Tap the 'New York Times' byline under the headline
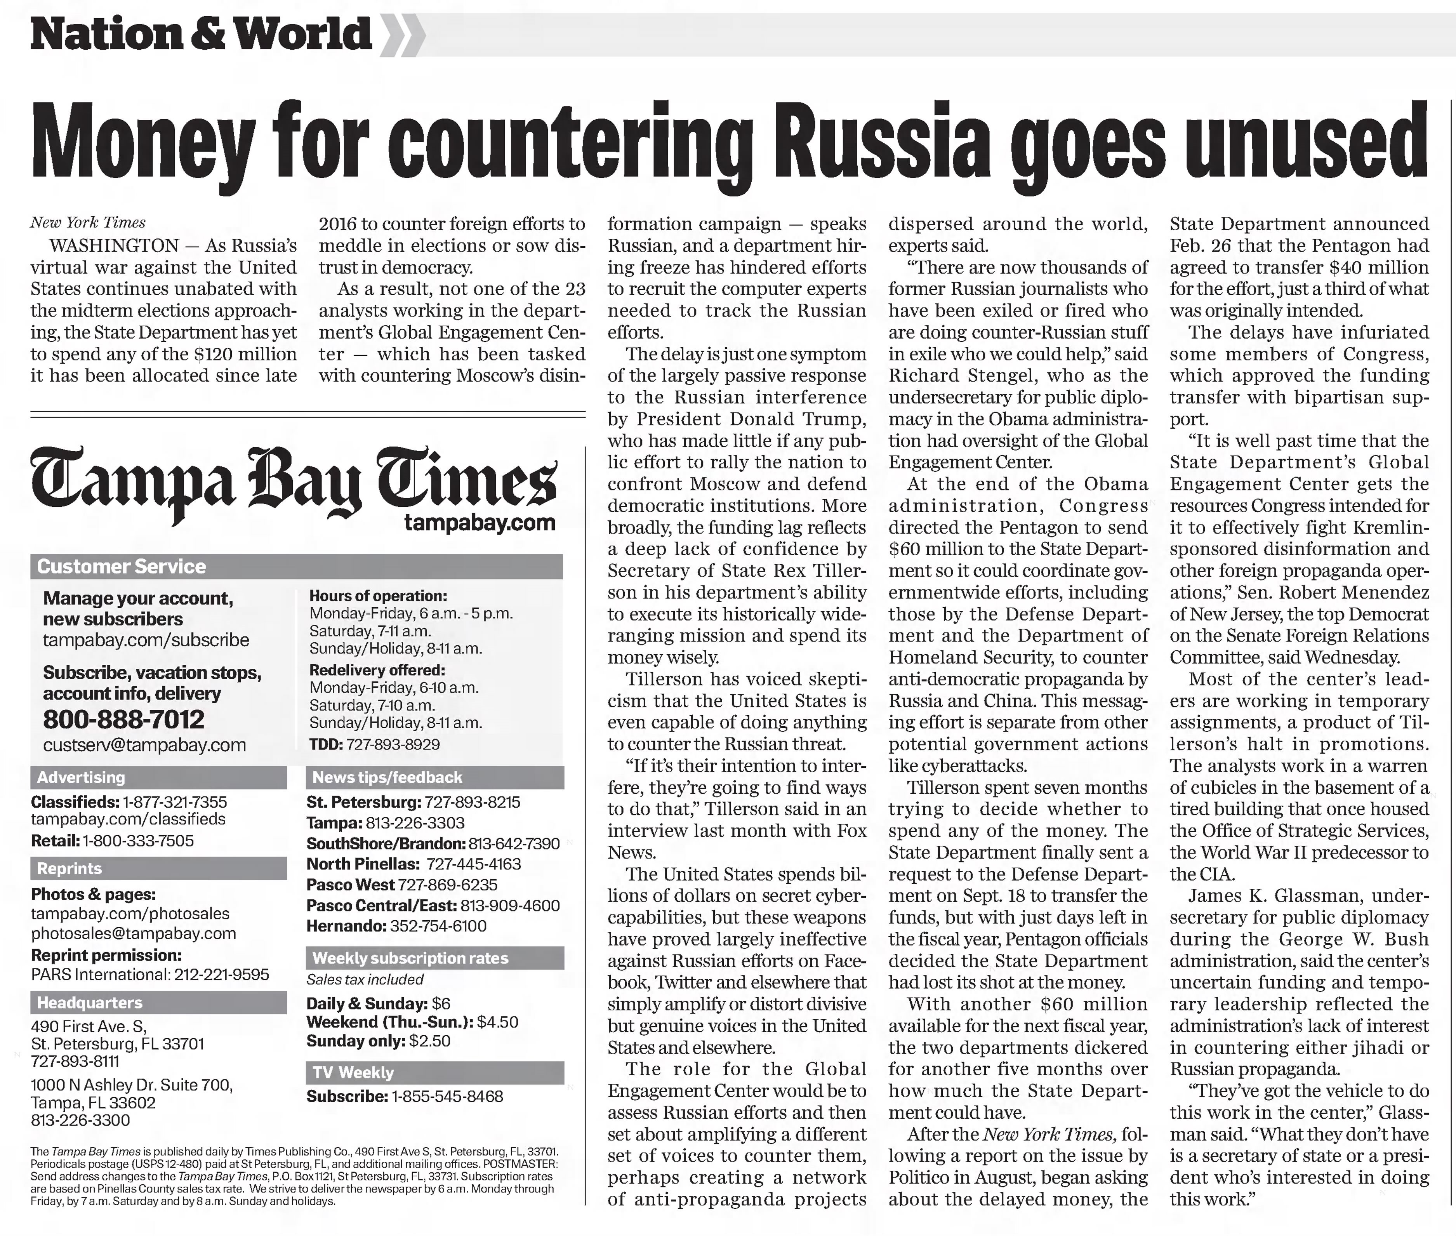[88, 223]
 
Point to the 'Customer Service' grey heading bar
[296, 566]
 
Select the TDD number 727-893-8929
[393, 744]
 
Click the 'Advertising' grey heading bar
[158, 777]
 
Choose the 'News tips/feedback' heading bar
[434, 777]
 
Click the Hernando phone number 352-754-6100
[438, 926]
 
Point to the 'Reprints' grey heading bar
[158, 868]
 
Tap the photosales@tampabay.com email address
[133, 933]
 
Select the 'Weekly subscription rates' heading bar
[434, 958]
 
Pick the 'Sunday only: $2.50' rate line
[378, 1041]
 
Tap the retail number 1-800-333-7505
[138, 841]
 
